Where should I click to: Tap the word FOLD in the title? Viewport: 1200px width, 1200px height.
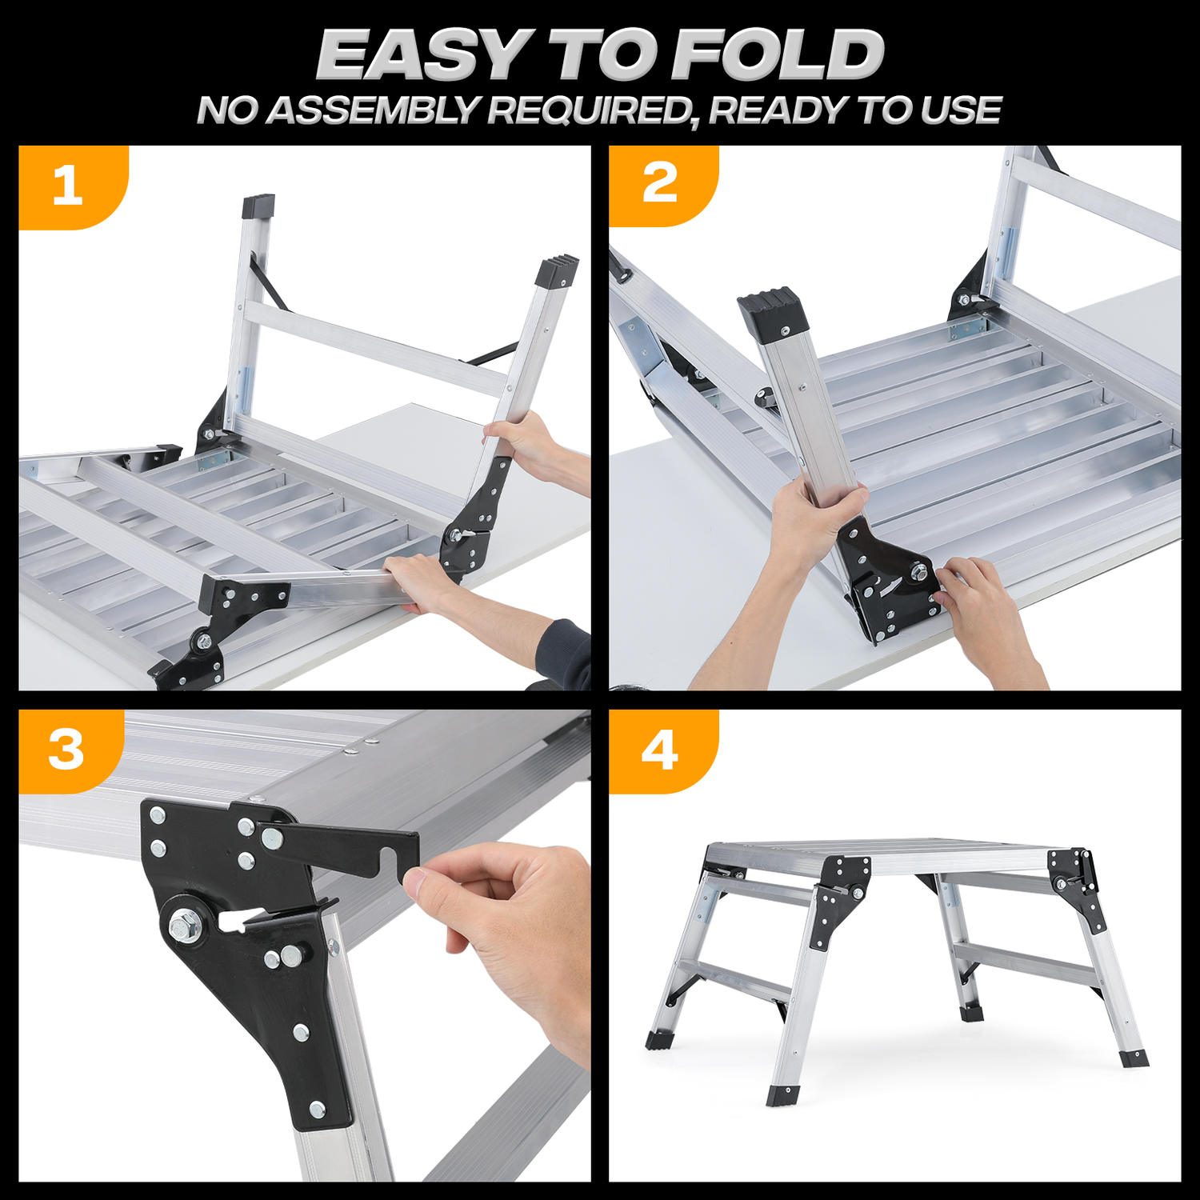778,55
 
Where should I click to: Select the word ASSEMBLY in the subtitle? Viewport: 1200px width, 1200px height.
374,110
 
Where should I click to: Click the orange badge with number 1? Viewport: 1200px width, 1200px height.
72,187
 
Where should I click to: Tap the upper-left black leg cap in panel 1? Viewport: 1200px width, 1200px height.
258,206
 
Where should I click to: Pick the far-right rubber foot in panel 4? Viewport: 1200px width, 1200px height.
1134,1058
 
